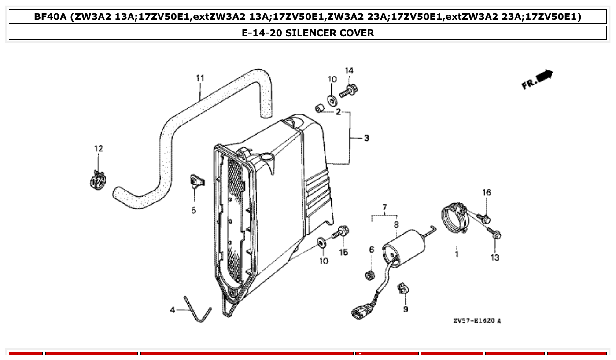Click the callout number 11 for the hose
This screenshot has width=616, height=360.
[x=200, y=78]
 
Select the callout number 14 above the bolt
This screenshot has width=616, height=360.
[x=348, y=70]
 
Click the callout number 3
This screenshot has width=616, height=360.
[x=366, y=138]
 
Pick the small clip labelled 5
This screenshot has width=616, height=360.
[x=196, y=181]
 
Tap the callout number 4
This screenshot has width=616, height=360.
[x=173, y=310]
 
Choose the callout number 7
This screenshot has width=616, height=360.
[x=384, y=207]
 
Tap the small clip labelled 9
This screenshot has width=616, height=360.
[x=402, y=289]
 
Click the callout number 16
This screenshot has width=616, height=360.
[x=486, y=192]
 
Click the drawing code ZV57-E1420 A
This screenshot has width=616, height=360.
[x=477, y=321]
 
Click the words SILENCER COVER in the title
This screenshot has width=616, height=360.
[x=329, y=33]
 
